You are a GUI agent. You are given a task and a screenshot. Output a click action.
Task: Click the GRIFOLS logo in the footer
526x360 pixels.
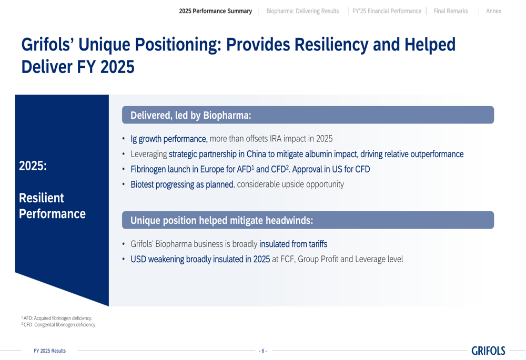tap(488, 351)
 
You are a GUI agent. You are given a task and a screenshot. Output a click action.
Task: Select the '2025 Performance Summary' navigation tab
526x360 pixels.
tap(215, 11)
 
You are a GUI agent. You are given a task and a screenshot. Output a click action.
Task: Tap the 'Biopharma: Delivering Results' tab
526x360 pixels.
tap(302, 11)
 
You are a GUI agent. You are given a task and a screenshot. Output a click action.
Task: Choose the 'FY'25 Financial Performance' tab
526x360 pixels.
tap(387, 11)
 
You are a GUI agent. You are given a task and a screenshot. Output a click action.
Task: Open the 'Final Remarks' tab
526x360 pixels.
tap(451, 11)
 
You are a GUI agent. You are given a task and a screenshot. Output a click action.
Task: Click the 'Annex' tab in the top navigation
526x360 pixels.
tap(493, 11)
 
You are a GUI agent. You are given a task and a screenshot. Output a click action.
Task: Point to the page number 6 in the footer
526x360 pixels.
tap(263, 351)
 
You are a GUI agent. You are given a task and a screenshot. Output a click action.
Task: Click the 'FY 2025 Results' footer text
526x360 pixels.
tap(49, 351)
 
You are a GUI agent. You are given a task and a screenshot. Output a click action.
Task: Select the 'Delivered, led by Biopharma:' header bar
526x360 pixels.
tap(308, 115)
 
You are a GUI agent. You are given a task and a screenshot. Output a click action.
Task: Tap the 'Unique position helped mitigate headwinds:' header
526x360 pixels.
tap(308, 220)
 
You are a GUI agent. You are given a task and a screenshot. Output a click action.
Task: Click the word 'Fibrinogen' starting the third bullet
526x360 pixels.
tap(148, 169)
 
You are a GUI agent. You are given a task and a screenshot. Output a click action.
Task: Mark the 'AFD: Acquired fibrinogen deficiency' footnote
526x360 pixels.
tap(57, 318)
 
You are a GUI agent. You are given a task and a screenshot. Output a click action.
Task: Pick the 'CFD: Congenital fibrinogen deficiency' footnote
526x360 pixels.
tap(59, 324)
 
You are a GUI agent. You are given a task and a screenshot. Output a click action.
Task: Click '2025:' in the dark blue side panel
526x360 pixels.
tap(33, 166)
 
